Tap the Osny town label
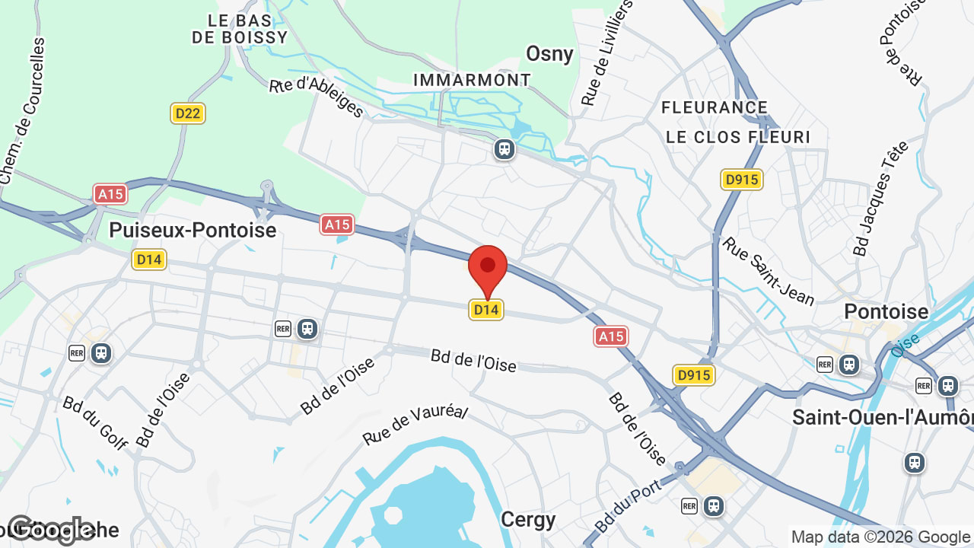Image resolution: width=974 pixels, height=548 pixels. pos(549,53)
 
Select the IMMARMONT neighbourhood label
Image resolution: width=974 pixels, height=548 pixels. pos(472,80)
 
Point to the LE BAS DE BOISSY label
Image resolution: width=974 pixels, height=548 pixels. pos(240,29)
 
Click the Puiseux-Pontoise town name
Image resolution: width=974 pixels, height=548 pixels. pos(193,230)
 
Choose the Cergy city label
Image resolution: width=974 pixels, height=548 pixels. pos(528,520)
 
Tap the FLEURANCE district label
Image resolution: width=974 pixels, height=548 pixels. pos(715,107)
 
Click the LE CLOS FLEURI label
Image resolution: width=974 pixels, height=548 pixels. pos(738,137)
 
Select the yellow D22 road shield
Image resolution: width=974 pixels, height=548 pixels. pos(187,113)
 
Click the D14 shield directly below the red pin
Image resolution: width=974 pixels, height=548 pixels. pos(486,310)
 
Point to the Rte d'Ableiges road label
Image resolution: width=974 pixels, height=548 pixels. pos(317,97)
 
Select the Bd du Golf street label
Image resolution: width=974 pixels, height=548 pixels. pos(95,422)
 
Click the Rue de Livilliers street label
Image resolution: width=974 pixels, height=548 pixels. pos(606,53)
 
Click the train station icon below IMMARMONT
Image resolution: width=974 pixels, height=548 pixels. pos(504,148)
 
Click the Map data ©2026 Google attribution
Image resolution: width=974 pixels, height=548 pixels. pos(880,537)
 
